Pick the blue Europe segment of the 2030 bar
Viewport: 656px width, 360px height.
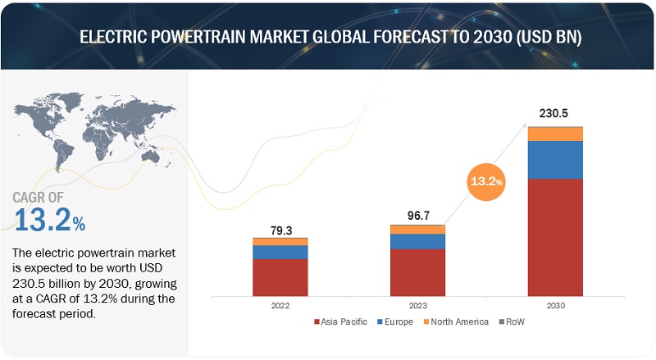pos(555,160)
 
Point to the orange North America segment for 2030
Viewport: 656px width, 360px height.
pos(555,134)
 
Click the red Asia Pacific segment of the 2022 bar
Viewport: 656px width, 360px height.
pos(280,276)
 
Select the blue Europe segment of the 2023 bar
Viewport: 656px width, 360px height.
pos(417,241)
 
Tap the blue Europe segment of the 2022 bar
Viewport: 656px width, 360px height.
pos(280,252)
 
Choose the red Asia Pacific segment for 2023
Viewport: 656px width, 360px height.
pos(417,271)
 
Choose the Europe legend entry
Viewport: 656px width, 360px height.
pos(399,321)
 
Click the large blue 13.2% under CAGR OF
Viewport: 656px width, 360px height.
pos(50,219)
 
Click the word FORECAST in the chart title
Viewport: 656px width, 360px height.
pos(385,36)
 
